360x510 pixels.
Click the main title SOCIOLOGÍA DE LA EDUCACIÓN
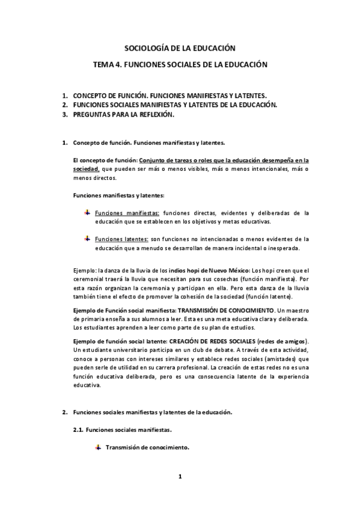[x=179, y=47]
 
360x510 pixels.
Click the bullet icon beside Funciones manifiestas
[x=87, y=212]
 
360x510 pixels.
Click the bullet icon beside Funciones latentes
[x=87, y=238]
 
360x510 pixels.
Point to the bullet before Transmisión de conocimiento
[x=98, y=447]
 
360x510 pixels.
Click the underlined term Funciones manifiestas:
[x=127, y=213]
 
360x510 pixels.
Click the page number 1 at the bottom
[x=179, y=477]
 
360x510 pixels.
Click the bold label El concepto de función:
[x=105, y=161]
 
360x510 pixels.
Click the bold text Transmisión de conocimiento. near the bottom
[x=147, y=447]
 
